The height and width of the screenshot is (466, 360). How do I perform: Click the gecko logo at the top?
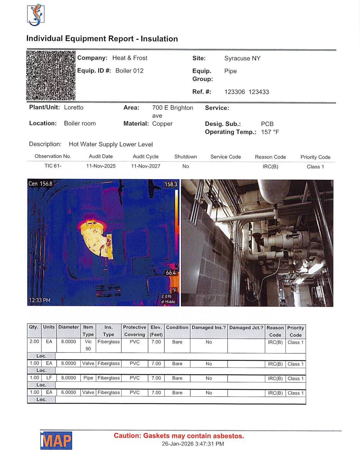coord(35,15)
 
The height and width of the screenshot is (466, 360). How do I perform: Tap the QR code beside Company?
coord(51,75)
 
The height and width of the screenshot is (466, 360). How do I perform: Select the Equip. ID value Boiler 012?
coord(129,71)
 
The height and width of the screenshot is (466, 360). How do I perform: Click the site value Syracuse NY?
coord(242,59)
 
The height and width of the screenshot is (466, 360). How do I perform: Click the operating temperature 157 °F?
coord(270,132)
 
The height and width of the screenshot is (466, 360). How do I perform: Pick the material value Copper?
coord(162,124)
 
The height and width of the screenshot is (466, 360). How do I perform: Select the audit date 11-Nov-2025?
coord(101,166)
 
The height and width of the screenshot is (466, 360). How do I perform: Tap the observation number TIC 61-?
coord(53,166)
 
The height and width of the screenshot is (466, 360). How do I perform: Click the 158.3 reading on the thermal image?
coord(171,184)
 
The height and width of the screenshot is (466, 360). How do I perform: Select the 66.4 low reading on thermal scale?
coord(171,273)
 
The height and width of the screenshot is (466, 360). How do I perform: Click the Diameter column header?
coord(69,327)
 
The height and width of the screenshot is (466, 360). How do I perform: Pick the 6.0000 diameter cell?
coord(69,393)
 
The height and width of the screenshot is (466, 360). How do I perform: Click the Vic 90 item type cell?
coord(88,345)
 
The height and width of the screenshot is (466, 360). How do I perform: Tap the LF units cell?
coord(49,378)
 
